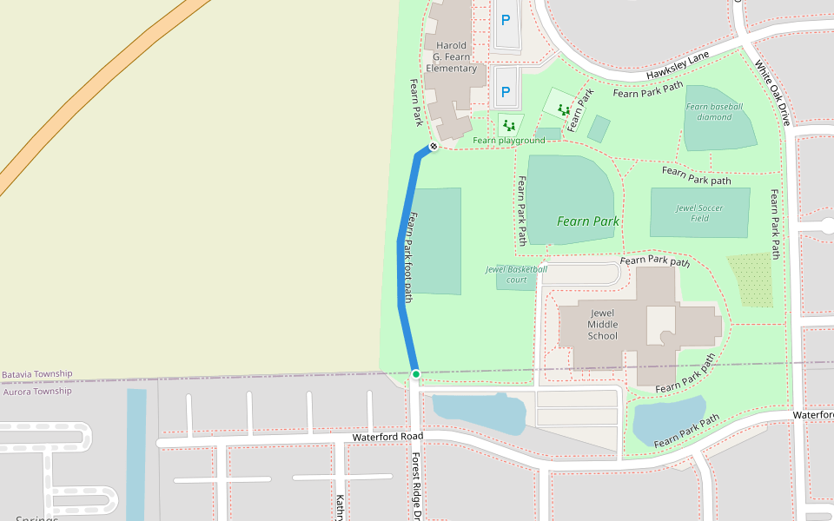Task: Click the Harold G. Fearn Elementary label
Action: [x=451, y=57]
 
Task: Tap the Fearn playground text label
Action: [x=508, y=141]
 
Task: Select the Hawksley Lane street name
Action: [x=678, y=65]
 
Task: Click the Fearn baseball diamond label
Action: [x=715, y=111]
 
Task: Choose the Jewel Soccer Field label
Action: [x=699, y=213]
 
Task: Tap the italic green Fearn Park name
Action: [x=588, y=221]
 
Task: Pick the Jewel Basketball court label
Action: [x=517, y=274]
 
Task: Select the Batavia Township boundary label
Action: [x=36, y=374]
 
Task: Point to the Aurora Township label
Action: [x=36, y=392]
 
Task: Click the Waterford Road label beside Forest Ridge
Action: [x=387, y=437]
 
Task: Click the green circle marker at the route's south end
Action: [x=416, y=374]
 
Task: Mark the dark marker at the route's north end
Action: [x=433, y=146]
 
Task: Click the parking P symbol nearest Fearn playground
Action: [x=506, y=92]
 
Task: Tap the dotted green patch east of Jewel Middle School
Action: [x=750, y=280]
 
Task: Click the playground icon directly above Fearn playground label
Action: [x=509, y=126]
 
